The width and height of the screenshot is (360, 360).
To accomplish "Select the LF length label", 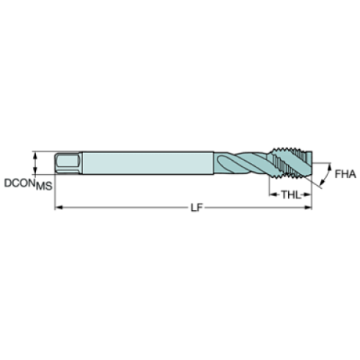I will point(194,209).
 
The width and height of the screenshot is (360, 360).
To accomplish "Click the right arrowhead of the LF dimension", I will point(309,209).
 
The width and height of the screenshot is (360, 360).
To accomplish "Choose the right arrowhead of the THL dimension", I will point(309,195).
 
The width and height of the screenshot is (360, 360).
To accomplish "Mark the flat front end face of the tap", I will point(312,162).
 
